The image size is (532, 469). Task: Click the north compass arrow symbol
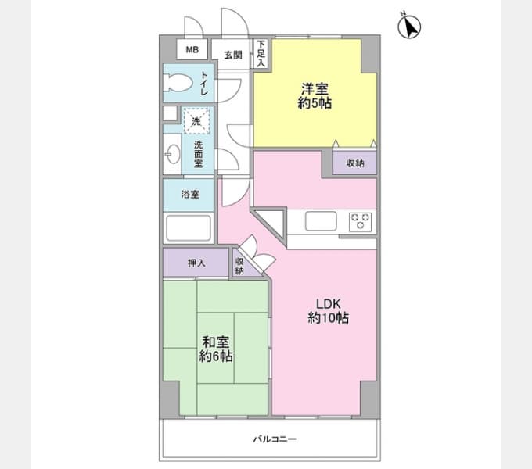[409, 27]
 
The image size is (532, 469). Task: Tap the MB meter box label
[192, 49]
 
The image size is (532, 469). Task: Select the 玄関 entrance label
[233, 55]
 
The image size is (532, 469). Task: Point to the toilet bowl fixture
[178, 83]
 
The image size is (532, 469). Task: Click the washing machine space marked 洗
[196, 120]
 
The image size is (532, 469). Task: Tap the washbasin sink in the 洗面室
[173, 154]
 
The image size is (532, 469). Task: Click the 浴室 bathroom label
[190, 194]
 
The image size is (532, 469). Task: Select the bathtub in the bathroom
[189, 228]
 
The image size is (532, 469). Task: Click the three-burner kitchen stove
[360, 221]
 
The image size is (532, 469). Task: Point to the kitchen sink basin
[321, 221]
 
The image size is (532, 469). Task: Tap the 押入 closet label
[196, 263]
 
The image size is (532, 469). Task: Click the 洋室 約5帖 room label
[315, 96]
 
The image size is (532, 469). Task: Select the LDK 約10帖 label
[328, 311]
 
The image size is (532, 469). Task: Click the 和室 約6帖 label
[215, 349]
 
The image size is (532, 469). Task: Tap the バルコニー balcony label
[275, 439]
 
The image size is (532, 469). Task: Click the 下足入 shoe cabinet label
[261, 53]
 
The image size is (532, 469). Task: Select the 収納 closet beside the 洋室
[355, 163]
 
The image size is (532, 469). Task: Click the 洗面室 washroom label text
[199, 154]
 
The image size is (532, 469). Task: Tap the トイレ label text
[204, 83]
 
